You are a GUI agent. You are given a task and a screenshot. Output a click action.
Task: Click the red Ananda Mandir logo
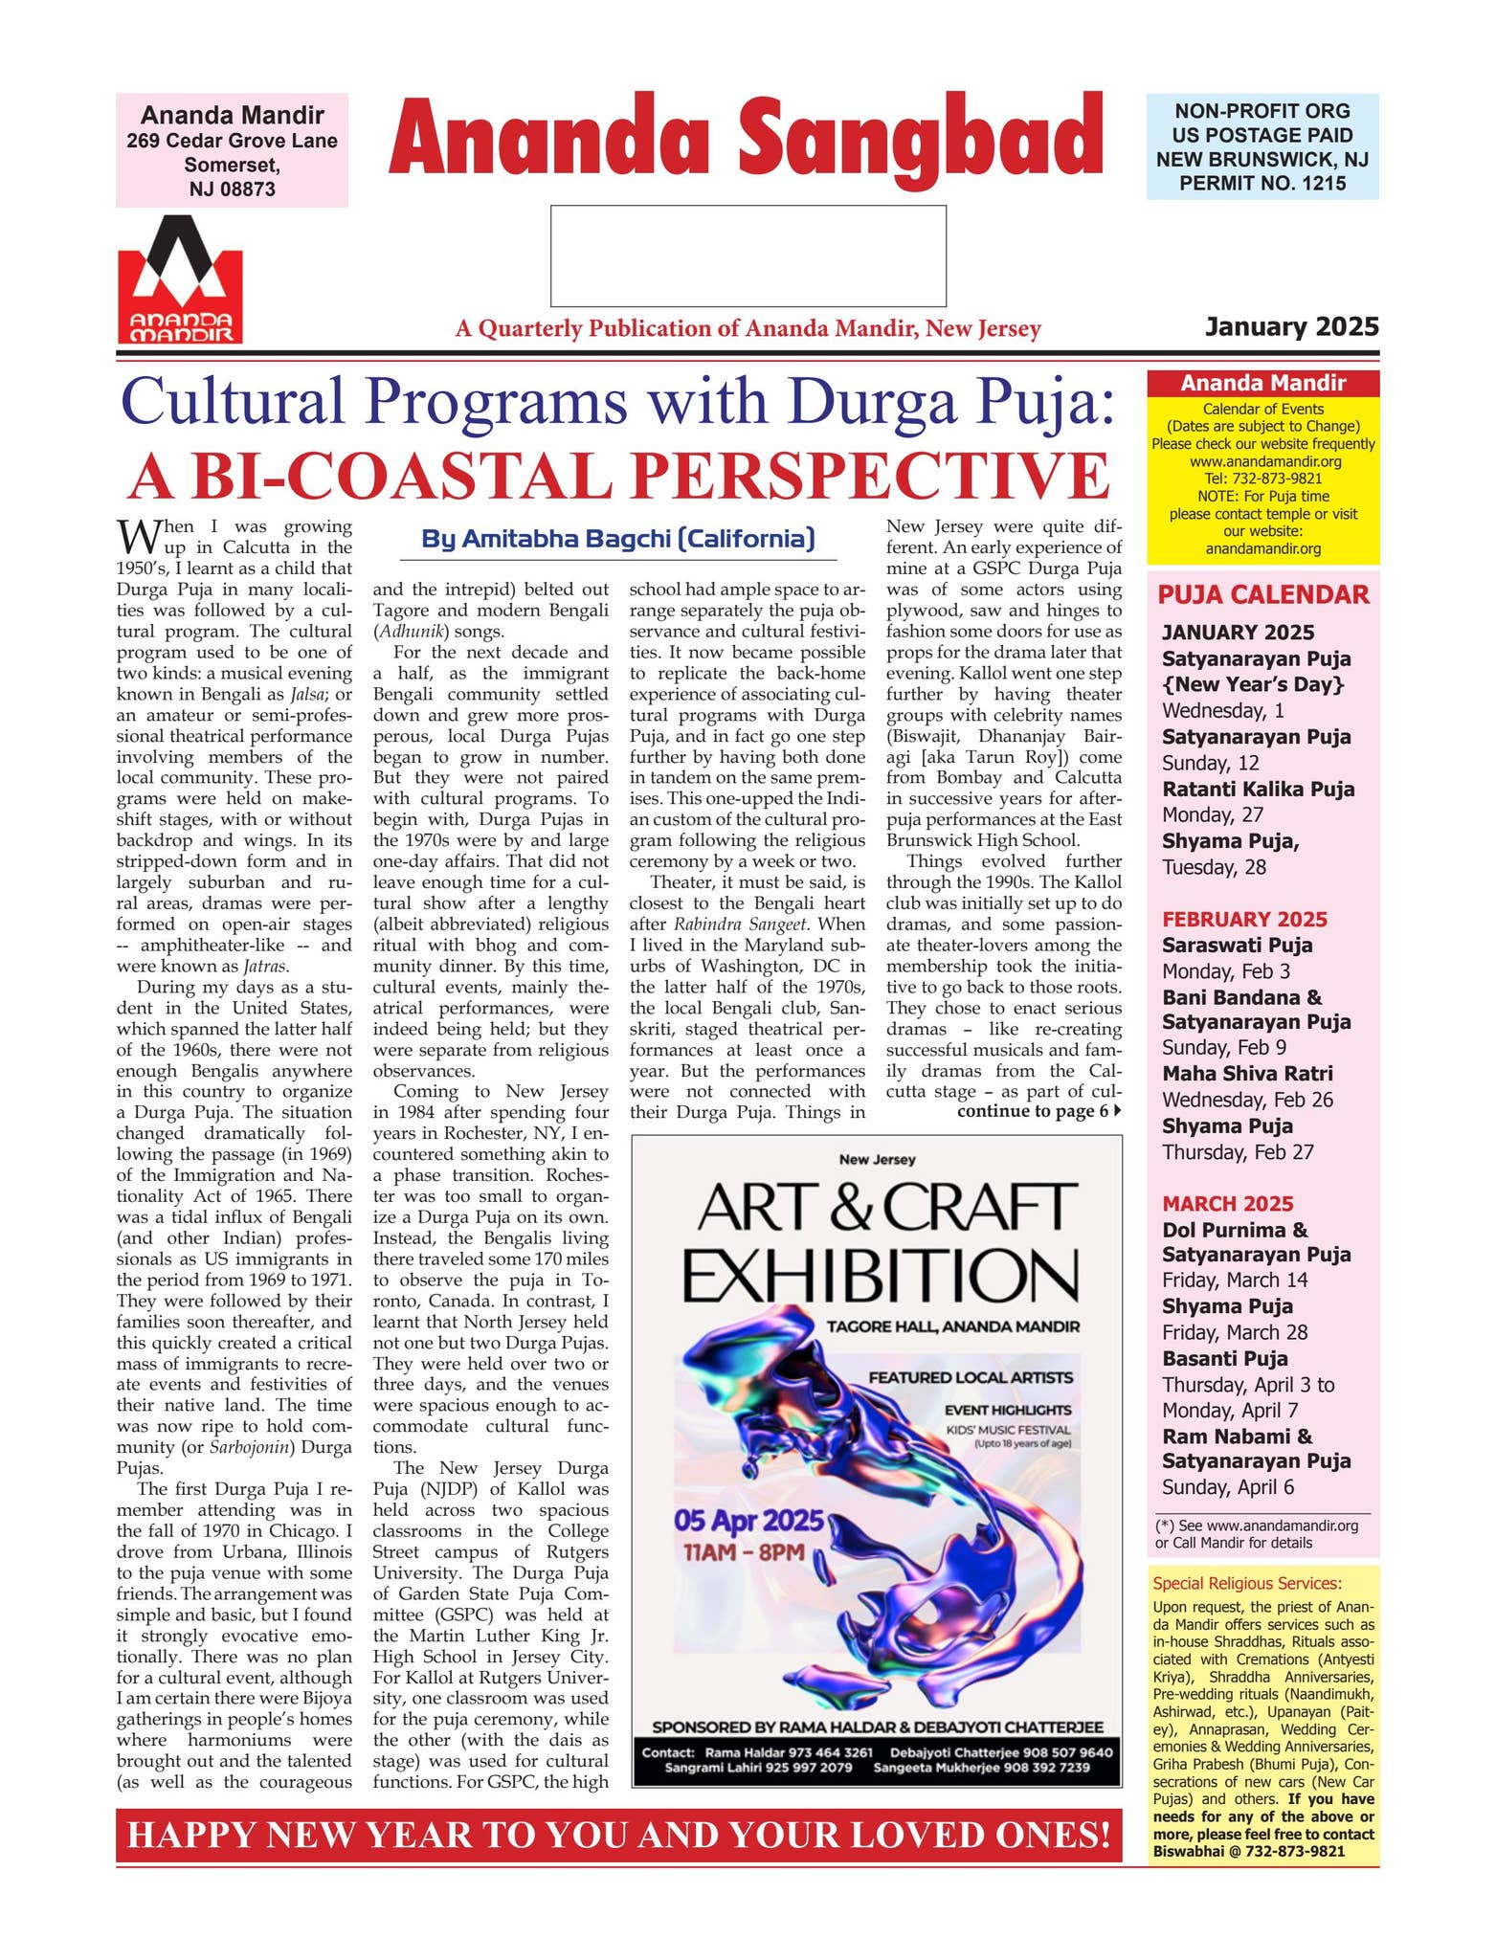click(x=180, y=280)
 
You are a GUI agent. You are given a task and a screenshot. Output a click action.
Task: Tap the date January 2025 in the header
click(x=1291, y=327)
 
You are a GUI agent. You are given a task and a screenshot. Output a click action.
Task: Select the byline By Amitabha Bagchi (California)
click(x=618, y=539)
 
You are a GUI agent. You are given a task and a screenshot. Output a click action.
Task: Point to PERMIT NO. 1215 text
click(x=1262, y=183)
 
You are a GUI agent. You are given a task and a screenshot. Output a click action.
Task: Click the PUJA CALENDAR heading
click(x=1262, y=594)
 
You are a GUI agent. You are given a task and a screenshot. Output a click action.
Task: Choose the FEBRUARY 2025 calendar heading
click(x=1244, y=919)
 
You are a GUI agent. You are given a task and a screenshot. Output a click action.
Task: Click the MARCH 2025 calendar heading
click(x=1227, y=1203)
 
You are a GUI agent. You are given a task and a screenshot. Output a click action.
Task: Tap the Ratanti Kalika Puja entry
click(x=1258, y=790)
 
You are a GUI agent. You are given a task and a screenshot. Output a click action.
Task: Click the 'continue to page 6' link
click(x=1038, y=1111)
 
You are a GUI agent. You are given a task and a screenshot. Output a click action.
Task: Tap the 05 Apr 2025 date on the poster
click(x=748, y=1521)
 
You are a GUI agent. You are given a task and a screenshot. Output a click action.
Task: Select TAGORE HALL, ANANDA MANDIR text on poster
click(x=952, y=1326)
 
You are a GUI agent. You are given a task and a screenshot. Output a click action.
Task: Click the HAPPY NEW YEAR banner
click(x=618, y=1834)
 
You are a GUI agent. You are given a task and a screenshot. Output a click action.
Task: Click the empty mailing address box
click(x=748, y=256)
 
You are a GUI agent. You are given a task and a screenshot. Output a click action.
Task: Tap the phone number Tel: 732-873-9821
click(x=1262, y=479)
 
